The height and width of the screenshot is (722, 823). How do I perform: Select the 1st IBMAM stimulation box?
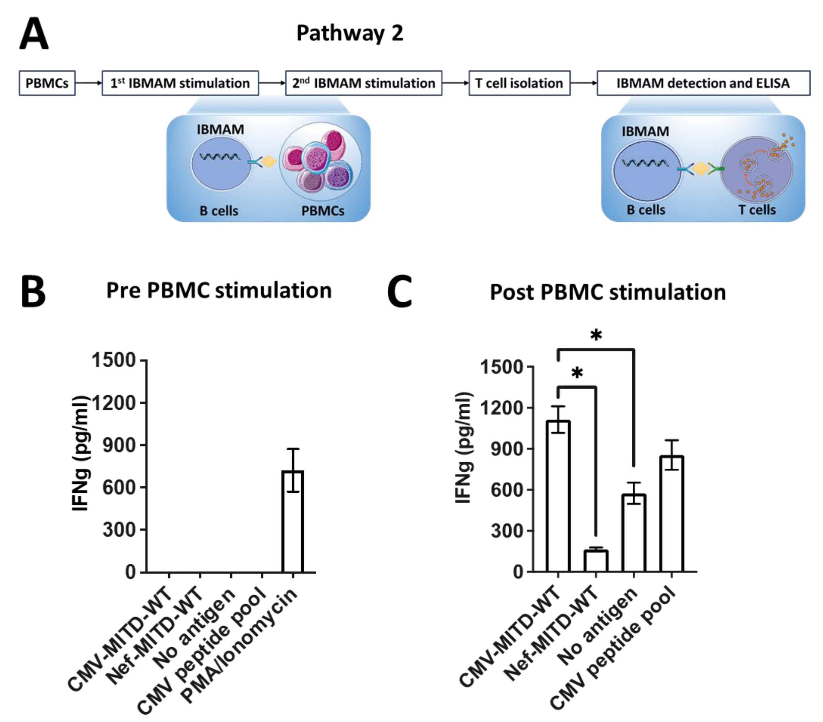tap(180, 83)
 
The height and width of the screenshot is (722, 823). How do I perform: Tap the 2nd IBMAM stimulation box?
tap(364, 83)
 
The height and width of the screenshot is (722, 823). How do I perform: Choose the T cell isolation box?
tap(519, 83)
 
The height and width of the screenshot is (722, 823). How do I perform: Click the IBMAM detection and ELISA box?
tap(703, 83)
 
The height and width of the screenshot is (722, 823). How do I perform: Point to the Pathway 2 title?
tap(350, 33)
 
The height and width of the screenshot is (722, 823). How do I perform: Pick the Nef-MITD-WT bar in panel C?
tap(596, 561)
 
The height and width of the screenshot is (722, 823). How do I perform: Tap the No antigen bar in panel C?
tap(634, 533)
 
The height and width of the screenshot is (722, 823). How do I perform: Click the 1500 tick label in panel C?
tap(501, 367)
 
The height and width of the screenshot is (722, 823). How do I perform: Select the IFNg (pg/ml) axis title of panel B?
tap(80, 454)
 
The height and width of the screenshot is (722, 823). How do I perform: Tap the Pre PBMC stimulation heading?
tap(219, 291)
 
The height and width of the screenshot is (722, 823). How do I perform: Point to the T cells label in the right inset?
tap(757, 210)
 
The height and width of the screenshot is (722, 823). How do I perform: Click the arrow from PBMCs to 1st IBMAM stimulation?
tap(88, 83)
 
